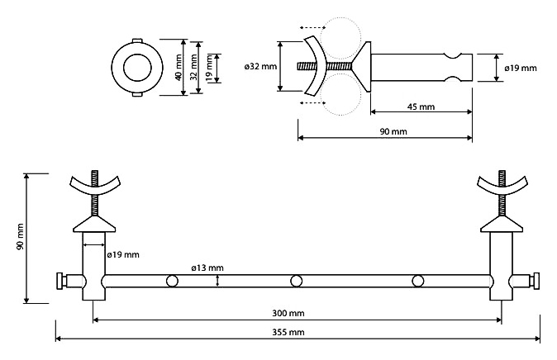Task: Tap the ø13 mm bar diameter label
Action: coord(207,268)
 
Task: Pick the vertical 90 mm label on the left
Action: coord(20,237)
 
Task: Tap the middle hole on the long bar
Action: coord(296,282)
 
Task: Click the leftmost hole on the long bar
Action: coord(172,282)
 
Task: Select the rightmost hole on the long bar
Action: coord(418,282)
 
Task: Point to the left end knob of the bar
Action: coord(60,282)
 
